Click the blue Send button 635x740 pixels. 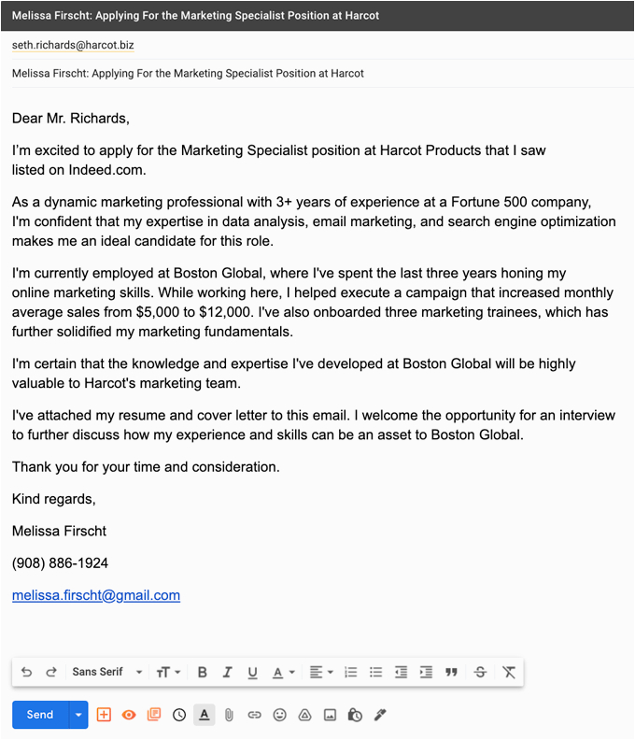[39, 715]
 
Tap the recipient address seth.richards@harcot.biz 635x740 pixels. [73, 45]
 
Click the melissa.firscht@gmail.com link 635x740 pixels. [96, 595]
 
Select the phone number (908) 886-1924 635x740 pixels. [60, 563]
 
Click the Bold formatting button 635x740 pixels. [203, 672]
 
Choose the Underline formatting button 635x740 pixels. [252, 672]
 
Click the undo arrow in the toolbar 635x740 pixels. [26, 672]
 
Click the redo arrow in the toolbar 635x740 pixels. [51, 672]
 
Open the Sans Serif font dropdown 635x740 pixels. [107, 672]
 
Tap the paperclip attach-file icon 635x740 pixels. [228, 715]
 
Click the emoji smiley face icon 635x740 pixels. [279, 715]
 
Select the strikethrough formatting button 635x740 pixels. [480, 672]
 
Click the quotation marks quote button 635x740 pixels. [452, 672]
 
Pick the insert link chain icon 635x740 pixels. [254, 715]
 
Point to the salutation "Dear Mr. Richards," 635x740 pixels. [71, 119]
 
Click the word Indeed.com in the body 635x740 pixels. [107, 170]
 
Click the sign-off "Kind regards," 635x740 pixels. [54, 499]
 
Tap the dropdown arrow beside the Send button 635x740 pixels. [78, 715]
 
